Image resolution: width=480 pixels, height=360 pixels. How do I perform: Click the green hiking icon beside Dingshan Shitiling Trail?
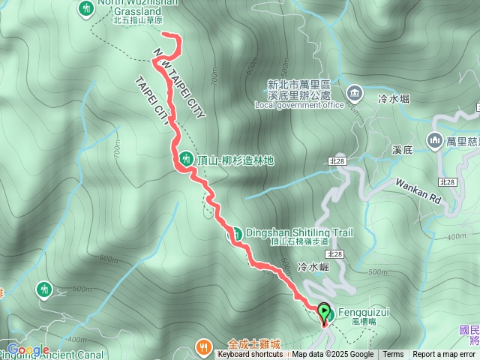pos(234,234)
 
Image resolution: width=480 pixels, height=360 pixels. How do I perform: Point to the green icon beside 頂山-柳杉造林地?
pos(185,159)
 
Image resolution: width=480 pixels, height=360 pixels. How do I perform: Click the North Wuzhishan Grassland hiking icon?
pos(85,8)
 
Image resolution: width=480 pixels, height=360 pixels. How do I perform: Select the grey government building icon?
pos(354,93)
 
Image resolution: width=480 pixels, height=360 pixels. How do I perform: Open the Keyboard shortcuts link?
pos(250,355)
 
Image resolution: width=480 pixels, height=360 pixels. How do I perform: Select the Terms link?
pos(393,355)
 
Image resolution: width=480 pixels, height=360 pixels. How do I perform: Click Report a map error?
pos(444,355)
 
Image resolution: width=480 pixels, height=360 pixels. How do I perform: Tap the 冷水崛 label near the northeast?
pos(394,98)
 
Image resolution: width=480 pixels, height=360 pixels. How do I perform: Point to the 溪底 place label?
pos(402,151)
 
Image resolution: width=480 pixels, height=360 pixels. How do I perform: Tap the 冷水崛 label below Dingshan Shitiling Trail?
pos(313,266)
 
